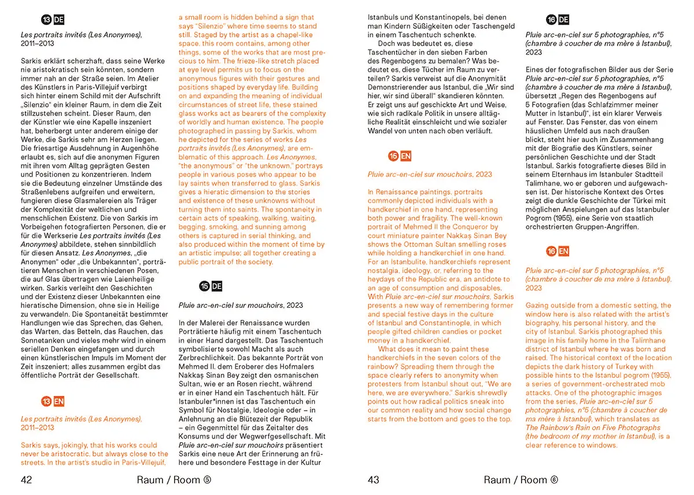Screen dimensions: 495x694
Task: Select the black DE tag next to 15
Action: [x=216, y=286]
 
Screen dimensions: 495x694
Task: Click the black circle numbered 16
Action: [x=552, y=20]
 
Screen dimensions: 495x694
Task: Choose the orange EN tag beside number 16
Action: [x=563, y=251]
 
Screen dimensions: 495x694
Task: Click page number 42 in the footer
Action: [x=27, y=479]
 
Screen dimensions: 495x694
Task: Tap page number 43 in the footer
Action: [x=374, y=479]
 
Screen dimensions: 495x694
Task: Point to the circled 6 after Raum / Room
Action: [x=554, y=479]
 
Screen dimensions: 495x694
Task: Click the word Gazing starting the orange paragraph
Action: [x=538, y=306]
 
